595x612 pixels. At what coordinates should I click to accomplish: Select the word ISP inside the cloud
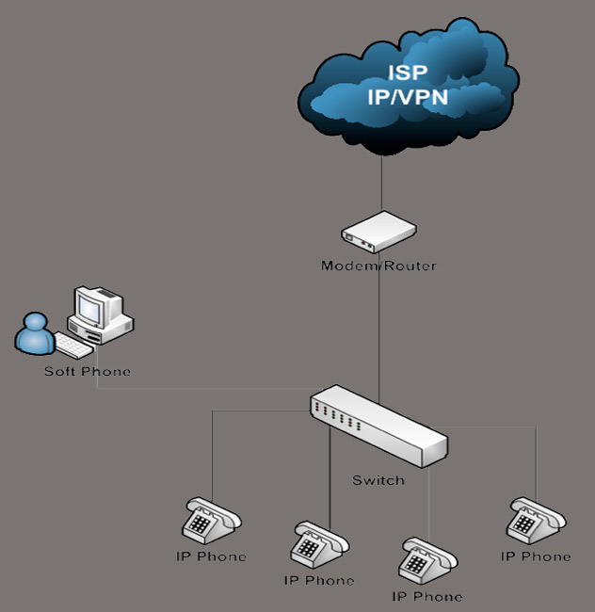click(408, 72)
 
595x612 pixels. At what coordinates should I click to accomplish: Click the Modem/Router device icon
click(378, 232)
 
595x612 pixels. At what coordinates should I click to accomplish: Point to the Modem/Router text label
click(378, 266)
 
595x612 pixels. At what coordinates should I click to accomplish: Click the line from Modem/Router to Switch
click(378, 330)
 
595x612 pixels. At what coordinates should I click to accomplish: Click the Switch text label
click(378, 480)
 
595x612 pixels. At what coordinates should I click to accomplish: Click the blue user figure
click(36, 334)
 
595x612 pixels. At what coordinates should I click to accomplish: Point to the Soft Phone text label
click(88, 371)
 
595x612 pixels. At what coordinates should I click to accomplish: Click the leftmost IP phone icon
click(210, 521)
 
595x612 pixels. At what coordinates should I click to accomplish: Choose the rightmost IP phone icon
click(536, 521)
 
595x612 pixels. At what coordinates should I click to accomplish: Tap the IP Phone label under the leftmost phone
click(211, 556)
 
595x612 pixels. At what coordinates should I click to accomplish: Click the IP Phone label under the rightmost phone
click(536, 556)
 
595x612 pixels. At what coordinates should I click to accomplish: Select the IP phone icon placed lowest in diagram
click(428, 562)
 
